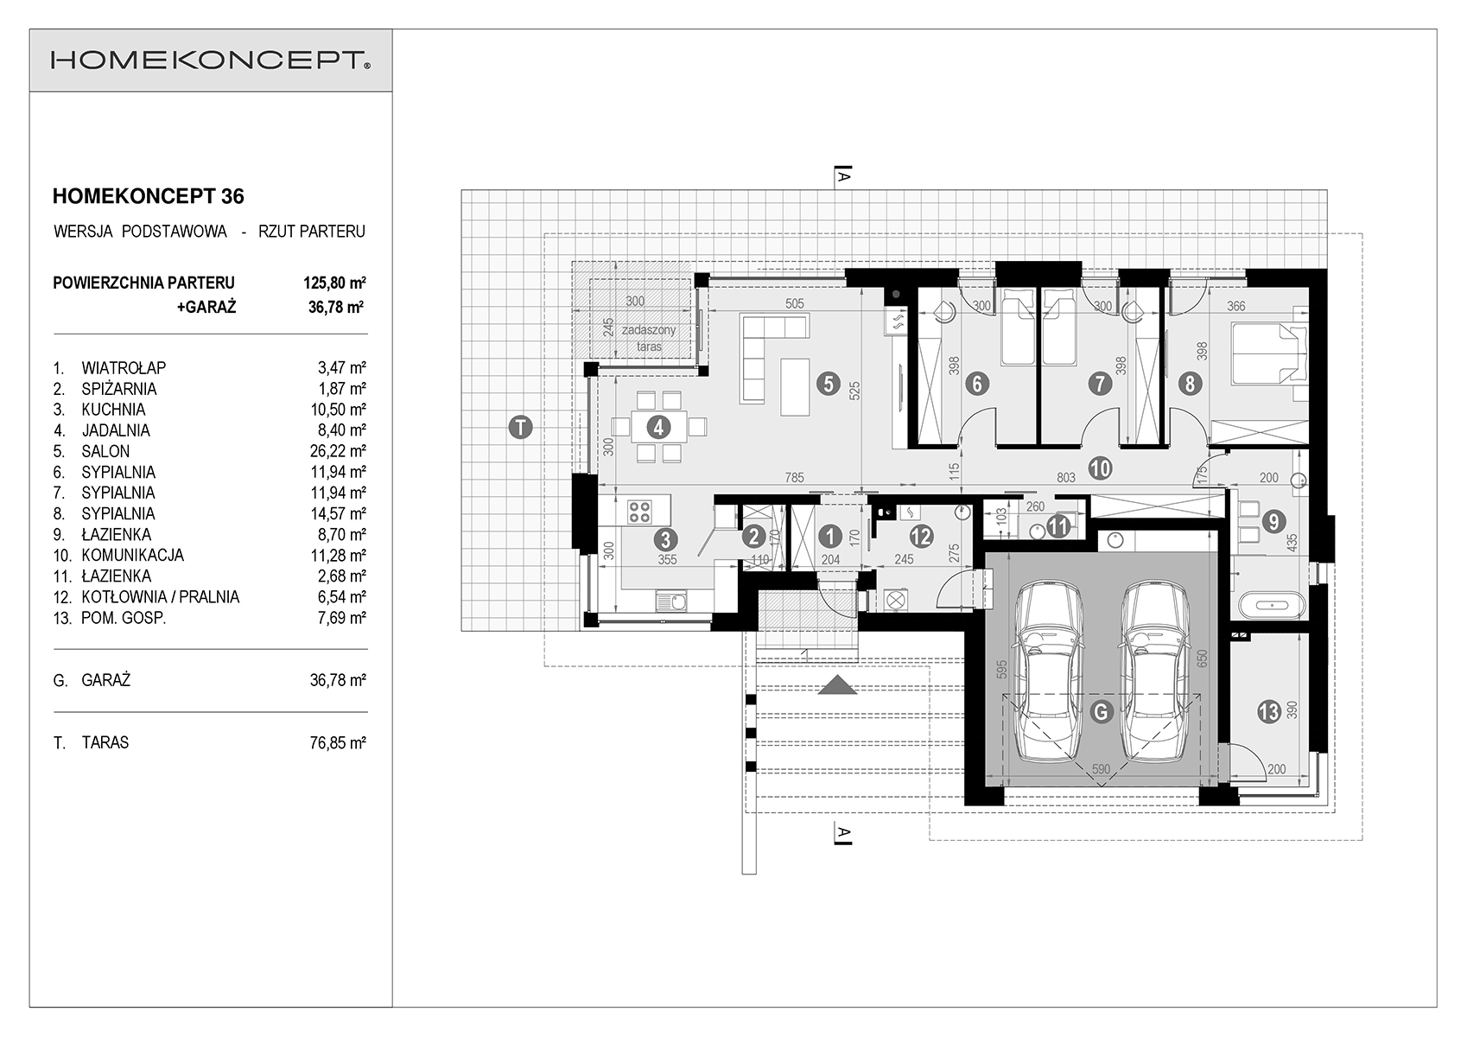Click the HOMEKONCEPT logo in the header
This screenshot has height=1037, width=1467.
(211, 60)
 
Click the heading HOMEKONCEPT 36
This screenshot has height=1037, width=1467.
(148, 196)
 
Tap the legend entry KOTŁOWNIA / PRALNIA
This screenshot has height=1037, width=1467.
(161, 597)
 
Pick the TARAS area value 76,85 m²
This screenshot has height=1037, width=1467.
(338, 743)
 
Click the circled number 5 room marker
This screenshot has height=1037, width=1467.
(829, 383)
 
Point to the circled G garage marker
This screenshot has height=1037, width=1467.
(1101, 711)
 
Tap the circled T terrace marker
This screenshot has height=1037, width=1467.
(521, 428)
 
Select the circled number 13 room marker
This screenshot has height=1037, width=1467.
(1269, 711)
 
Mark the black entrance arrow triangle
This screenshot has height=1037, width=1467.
(838, 685)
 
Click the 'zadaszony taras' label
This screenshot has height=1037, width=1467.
(649, 339)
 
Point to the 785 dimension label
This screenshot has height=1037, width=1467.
(794, 478)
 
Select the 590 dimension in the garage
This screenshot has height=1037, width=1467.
(1101, 769)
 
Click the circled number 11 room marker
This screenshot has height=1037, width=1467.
(1058, 525)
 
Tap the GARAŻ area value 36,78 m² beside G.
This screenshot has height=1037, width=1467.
(338, 681)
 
